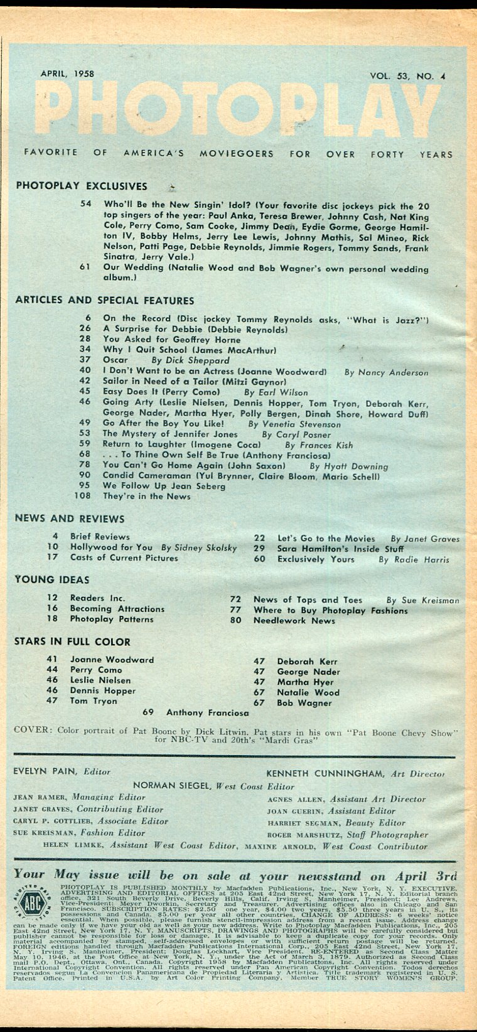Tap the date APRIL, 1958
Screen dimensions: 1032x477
click(x=67, y=73)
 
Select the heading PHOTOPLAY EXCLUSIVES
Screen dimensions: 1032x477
click(x=81, y=186)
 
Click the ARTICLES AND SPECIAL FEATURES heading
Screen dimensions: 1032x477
click(x=104, y=300)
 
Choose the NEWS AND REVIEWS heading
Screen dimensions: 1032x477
click(x=70, y=519)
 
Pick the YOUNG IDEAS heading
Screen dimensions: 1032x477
click(x=52, y=579)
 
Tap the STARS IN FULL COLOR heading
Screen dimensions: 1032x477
click(x=72, y=642)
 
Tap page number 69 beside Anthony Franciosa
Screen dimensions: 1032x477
click(x=148, y=712)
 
